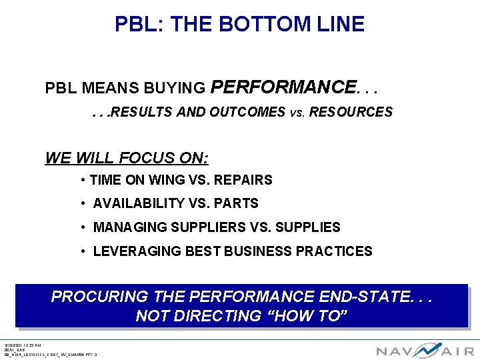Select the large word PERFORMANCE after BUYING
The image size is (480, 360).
coord(283,87)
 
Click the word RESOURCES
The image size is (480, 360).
coord(360,112)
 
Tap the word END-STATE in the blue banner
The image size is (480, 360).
coord(365,296)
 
